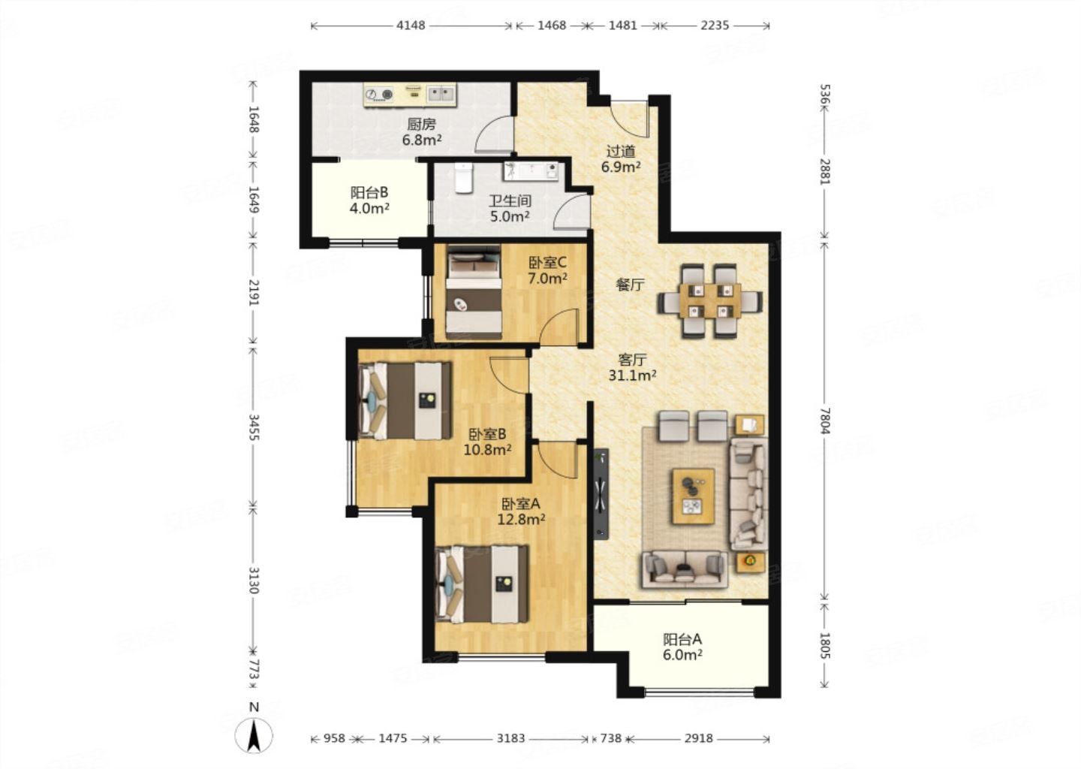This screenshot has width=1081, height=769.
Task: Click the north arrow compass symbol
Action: point(254,736)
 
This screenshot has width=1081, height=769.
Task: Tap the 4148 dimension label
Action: point(411,25)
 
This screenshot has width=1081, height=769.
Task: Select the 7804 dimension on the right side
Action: point(824,421)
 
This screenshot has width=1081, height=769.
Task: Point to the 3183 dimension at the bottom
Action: point(510,738)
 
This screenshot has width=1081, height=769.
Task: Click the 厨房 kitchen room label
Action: point(421,125)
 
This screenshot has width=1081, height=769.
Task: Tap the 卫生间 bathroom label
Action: point(510,201)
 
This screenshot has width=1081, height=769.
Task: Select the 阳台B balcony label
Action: point(369,192)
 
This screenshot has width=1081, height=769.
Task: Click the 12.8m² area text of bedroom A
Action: point(521,520)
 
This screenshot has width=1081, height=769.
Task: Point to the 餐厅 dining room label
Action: point(630,285)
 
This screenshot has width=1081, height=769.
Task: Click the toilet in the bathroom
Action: point(464,178)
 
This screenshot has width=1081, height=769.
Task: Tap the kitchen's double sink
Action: point(441,94)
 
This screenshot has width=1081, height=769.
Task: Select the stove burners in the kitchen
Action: point(379,94)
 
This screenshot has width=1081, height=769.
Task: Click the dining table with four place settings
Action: point(709,300)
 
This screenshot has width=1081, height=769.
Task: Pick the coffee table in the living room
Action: point(694,496)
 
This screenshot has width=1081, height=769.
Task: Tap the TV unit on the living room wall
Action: point(601,494)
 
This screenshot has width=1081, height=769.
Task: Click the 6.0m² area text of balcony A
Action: point(682,655)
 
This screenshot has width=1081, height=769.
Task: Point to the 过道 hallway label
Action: point(621,152)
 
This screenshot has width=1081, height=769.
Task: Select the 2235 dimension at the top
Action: point(715,25)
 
